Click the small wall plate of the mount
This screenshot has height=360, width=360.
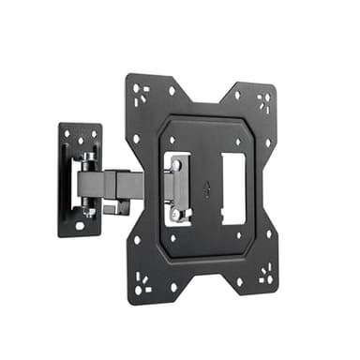point(79,178)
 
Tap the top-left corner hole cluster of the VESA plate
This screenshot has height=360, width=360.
point(142,94)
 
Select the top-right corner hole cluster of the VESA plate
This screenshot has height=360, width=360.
point(264,101)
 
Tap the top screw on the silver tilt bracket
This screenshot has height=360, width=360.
point(176,166)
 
